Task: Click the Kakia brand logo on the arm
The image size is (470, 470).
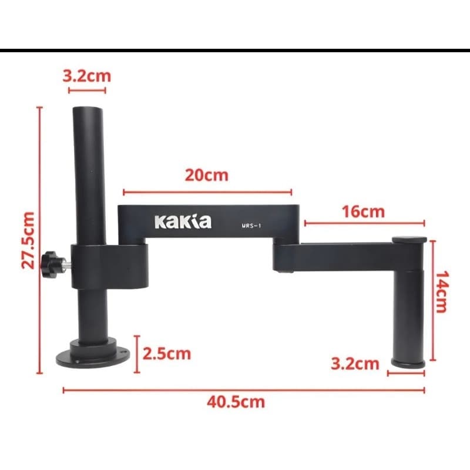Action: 182,221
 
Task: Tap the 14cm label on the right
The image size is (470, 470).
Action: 441,291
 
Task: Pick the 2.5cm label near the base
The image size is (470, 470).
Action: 166,354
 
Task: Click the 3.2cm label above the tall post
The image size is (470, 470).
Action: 86,76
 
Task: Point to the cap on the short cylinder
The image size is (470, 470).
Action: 409,240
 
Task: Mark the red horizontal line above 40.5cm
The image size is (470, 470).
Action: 243,390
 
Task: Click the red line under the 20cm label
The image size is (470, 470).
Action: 207,192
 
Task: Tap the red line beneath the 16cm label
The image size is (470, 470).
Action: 364,223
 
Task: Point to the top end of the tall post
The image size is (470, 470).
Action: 88,109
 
